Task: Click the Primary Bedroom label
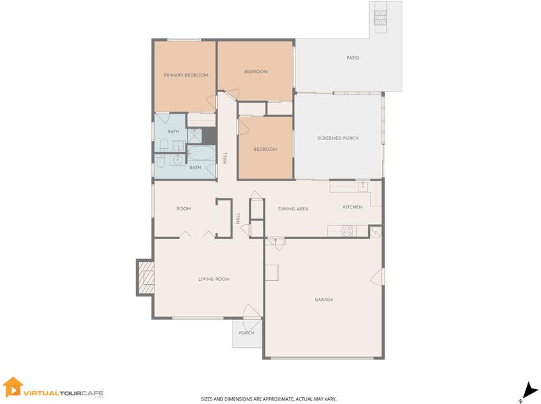point(185,75)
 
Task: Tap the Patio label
point(352,58)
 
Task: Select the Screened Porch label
point(337,138)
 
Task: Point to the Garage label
point(324,299)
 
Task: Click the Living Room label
point(214,279)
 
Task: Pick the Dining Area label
point(293,208)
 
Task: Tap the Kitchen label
point(352,207)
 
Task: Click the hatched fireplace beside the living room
point(146,277)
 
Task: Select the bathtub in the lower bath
point(202,152)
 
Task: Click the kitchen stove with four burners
point(348,231)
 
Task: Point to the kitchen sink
point(362,187)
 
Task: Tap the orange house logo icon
point(12,386)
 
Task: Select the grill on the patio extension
point(381,18)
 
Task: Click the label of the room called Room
point(183,208)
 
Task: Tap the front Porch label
point(246,333)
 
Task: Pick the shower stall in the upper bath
point(194,135)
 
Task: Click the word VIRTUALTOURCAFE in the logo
point(64,393)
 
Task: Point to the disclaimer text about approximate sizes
point(268,399)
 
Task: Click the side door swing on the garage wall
point(377,277)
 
